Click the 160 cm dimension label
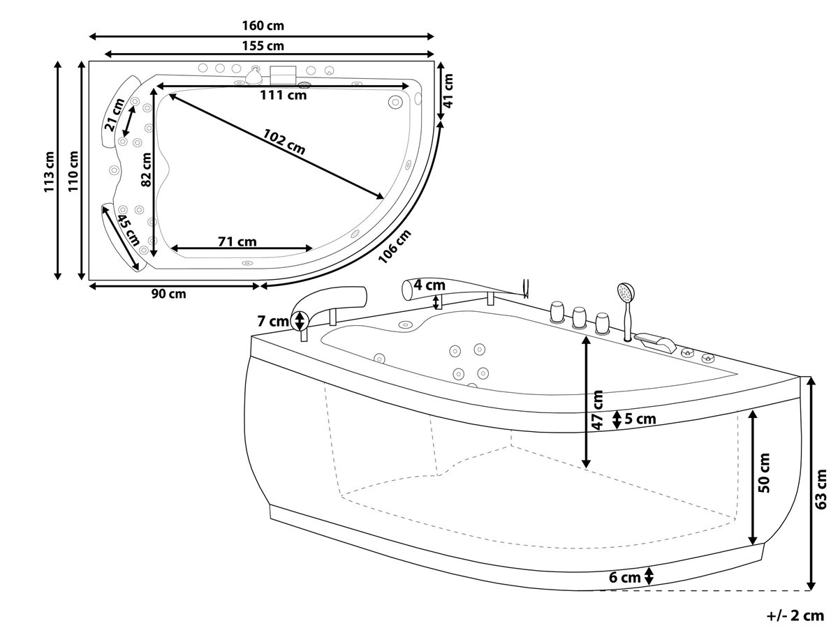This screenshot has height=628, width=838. click(263, 26)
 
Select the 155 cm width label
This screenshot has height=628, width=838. click(263, 46)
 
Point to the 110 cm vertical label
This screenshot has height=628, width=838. click(73, 171)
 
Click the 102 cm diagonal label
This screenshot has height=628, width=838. click(284, 142)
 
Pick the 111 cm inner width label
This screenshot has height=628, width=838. click(284, 95)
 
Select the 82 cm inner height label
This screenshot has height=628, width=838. click(146, 170)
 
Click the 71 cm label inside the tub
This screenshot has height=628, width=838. click(237, 241)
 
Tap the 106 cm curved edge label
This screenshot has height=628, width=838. click(395, 246)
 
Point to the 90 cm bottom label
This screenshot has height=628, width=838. click(169, 294)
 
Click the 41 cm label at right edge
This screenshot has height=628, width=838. click(448, 91)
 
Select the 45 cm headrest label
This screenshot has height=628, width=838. click(128, 230)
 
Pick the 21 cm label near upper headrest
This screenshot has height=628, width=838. click(115, 114)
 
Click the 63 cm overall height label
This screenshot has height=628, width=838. click(821, 489)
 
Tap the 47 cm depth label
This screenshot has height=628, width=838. click(598, 410)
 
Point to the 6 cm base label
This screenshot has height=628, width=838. click(624, 577)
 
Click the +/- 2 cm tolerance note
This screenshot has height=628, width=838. click(795, 615)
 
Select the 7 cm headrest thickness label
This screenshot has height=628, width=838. click(272, 322)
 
